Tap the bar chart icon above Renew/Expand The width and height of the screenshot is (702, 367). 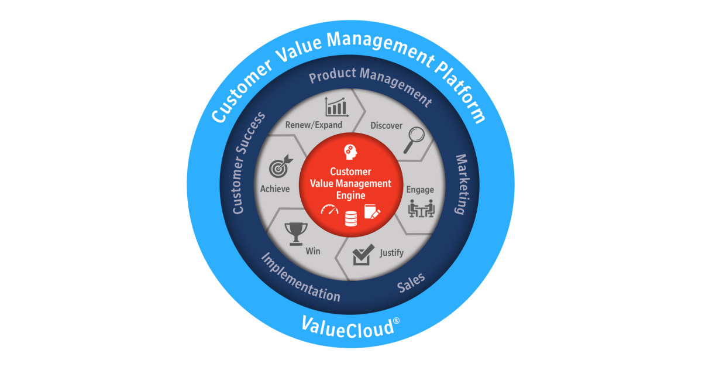click(336, 106)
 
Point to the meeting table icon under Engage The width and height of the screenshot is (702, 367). click(421, 208)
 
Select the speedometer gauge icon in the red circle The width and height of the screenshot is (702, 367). click(329, 210)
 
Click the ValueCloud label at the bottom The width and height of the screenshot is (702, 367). click(347, 325)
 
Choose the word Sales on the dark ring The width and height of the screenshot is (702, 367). click(411, 283)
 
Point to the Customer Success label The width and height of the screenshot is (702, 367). click(249, 162)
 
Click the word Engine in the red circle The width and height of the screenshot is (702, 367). click(350, 195)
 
